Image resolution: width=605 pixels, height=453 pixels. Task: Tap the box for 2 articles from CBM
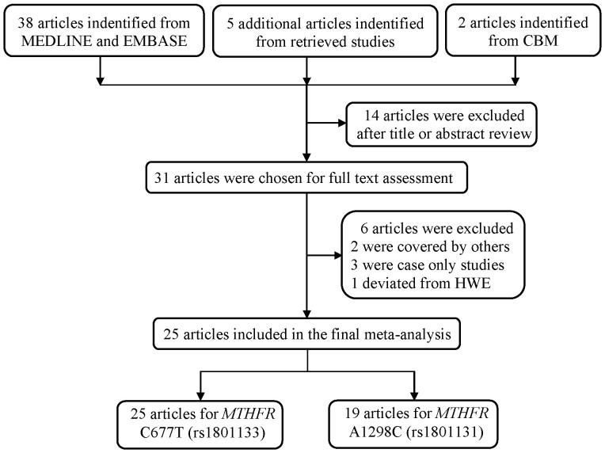click(516, 32)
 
